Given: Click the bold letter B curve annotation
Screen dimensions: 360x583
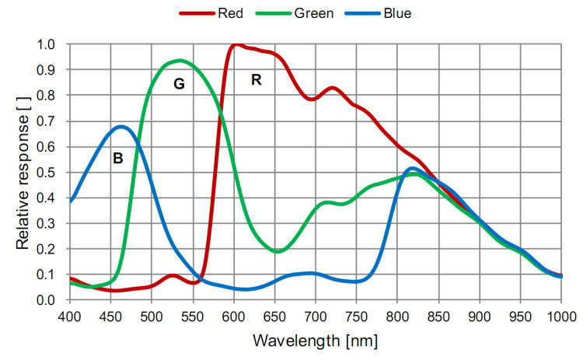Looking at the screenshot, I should (118, 159).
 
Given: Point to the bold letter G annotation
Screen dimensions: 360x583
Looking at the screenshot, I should (179, 84).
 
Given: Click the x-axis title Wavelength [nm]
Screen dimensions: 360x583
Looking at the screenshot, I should (315, 341).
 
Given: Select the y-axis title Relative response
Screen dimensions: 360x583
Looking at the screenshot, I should (23, 172).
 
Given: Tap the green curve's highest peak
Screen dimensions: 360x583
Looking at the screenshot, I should (180, 61).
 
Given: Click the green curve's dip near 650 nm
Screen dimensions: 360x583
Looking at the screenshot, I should (278, 251).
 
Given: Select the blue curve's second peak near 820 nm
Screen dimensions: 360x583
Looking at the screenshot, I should (412, 168).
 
